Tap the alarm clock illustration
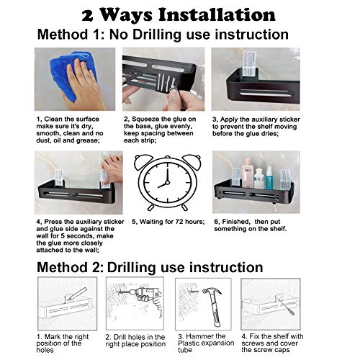click(x=167, y=182)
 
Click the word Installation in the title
click(x=217, y=15)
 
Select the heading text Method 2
click(x=70, y=267)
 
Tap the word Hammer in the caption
click(x=206, y=336)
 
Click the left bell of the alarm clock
click(x=143, y=161)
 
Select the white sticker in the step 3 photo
click(x=250, y=64)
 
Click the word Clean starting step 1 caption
click(x=53, y=120)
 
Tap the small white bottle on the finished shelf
click(x=258, y=179)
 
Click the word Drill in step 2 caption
click(x=120, y=337)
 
